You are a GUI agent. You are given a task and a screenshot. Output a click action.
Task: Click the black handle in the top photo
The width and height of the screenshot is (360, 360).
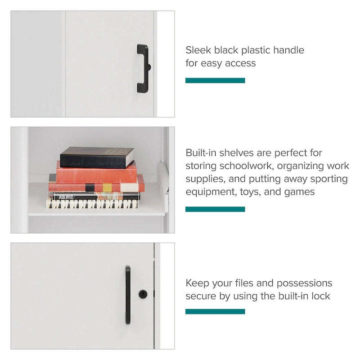[x=142, y=68]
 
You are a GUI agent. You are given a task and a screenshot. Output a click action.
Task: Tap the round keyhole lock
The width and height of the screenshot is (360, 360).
[x=143, y=294]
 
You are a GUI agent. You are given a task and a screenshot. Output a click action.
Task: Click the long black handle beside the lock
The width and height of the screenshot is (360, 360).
[x=128, y=295]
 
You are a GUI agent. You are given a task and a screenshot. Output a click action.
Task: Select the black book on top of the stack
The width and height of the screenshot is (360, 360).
[x=97, y=157]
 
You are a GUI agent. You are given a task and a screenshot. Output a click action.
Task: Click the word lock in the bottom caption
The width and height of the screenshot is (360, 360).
[x=320, y=296]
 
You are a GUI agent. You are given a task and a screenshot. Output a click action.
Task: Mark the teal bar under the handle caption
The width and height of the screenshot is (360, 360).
[x=215, y=81]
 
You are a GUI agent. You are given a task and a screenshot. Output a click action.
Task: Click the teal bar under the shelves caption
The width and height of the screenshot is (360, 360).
[x=215, y=209]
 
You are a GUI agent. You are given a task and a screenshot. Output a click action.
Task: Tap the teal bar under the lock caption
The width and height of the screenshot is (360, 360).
[x=215, y=311]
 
